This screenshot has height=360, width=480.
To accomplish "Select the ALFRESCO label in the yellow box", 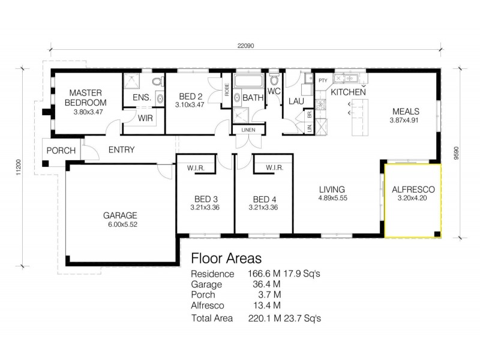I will [x=413, y=190].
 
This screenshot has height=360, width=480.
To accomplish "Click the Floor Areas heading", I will [x=226, y=259].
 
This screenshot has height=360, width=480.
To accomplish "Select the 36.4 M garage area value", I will [x=260, y=284].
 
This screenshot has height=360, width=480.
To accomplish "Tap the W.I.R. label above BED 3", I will [x=197, y=169].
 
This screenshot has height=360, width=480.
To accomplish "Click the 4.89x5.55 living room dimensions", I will [x=332, y=198].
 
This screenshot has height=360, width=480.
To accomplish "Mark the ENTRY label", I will [x=121, y=150].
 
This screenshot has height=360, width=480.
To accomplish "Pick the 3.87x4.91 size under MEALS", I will [x=406, y=120].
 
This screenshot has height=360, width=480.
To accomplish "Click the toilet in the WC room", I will [x=274, y=80].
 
